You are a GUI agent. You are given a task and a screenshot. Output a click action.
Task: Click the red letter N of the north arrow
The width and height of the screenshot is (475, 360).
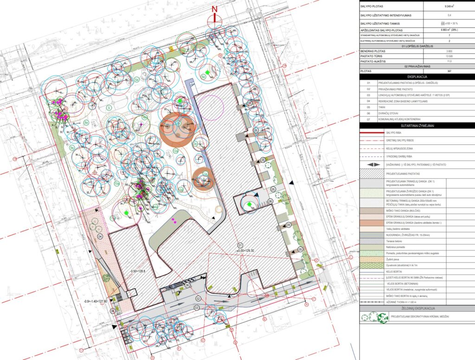tap(214, 9)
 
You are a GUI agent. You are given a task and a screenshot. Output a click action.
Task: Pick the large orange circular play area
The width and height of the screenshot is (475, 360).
tap(178, 128)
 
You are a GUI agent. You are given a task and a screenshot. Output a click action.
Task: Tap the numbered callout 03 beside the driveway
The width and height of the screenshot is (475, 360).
tap(196, 307)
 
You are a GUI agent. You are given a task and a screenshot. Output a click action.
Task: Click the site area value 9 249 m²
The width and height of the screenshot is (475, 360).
tap(449, 6)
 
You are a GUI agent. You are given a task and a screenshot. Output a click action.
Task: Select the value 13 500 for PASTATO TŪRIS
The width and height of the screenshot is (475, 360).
tap(449, 56)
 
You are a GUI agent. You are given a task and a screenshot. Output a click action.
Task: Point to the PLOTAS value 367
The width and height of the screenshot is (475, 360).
tap(449, 71)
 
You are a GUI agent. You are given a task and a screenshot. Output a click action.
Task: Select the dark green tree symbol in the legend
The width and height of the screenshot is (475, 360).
tap(383, 318)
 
